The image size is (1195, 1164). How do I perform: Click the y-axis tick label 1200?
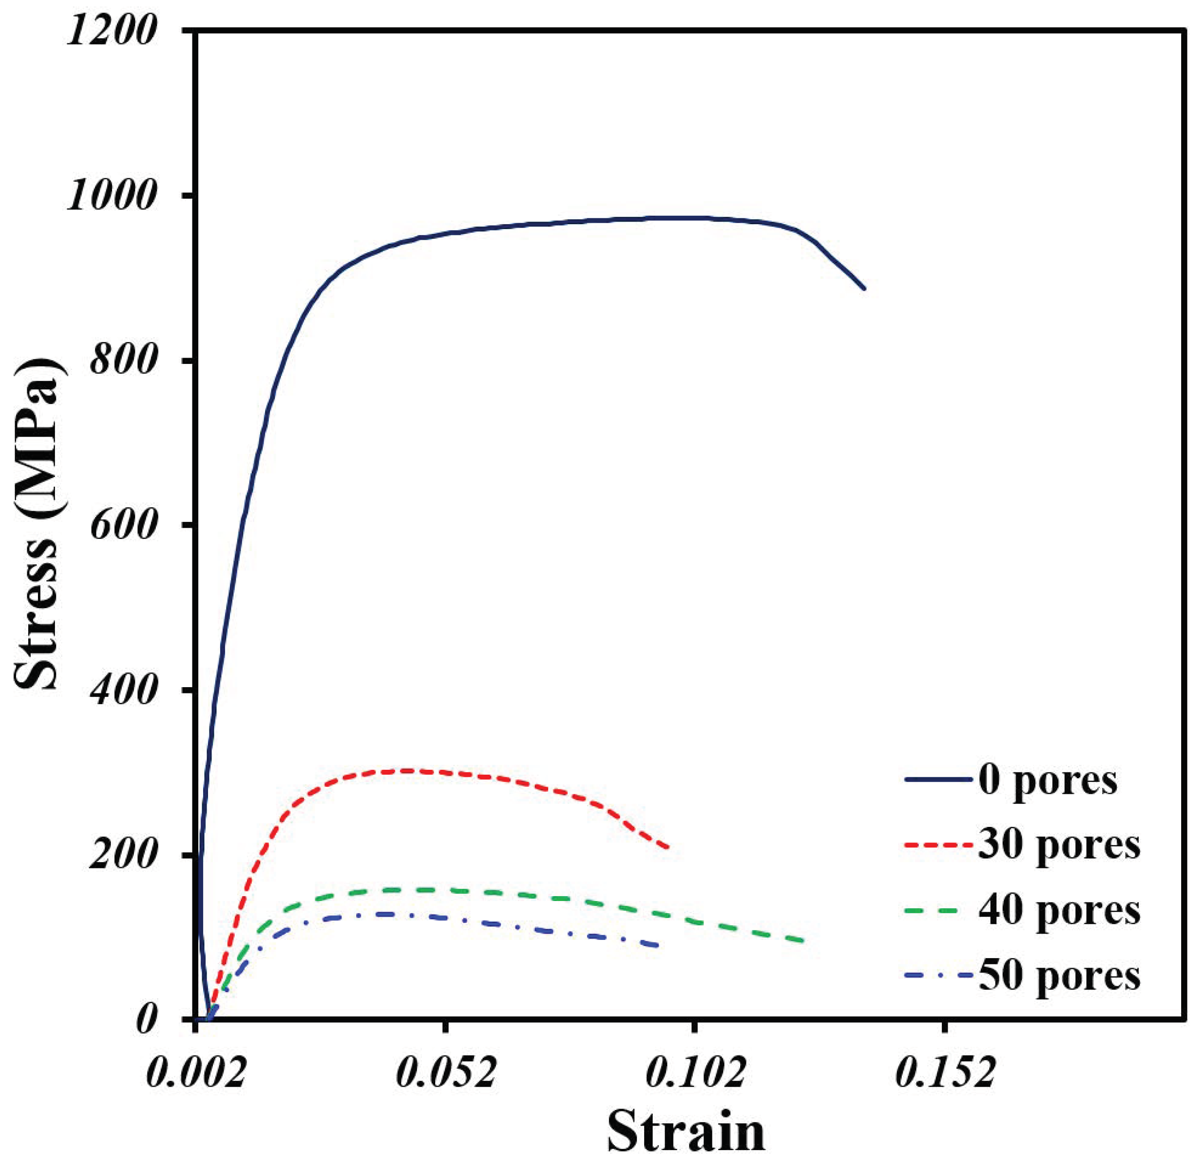[109, 30]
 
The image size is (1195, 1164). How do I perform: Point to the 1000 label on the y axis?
[109, 197]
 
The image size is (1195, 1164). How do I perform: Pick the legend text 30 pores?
[1059, 846]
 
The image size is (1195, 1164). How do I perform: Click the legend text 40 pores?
[1059, 910]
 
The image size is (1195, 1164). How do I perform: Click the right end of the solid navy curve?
[864, 288]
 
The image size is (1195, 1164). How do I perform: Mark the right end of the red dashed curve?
[668, 847]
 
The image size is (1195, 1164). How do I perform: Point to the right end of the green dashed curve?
[803, 941]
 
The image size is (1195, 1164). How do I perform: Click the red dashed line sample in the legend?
[938, 846]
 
